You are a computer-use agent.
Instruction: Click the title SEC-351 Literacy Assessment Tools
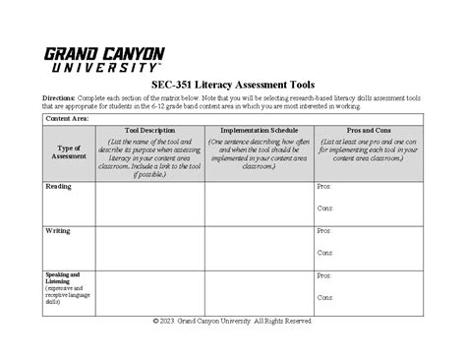point(233,85)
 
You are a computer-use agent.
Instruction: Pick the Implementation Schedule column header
point(259,130)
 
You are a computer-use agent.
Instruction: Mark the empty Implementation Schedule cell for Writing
point(259,248)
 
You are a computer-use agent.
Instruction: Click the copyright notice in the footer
point(233,322)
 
